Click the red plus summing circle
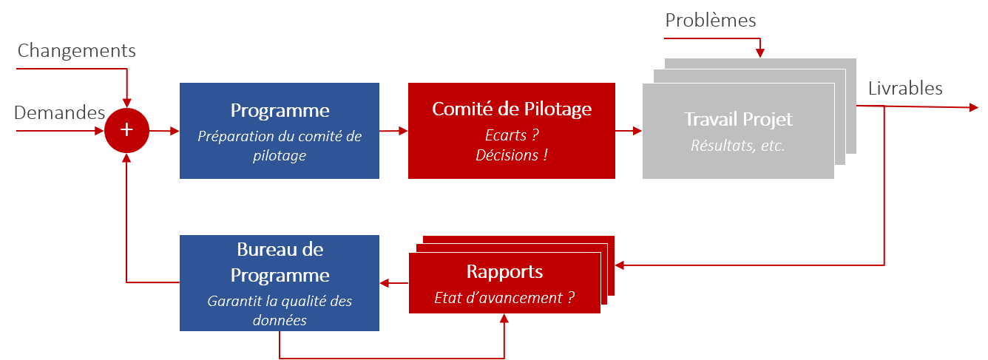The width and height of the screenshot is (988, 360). [126, 131]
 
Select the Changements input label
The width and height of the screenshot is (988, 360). [77, 51]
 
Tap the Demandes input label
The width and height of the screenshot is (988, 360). [60, 113]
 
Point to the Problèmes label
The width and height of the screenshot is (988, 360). [711, 20]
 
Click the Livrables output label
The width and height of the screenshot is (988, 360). [906, 89]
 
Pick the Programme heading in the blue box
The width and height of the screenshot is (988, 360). [280, 111]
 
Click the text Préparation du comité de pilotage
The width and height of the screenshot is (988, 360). [280, 146]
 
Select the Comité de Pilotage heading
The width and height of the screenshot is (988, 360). [512, 109]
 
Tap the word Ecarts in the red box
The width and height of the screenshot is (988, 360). [507, 136]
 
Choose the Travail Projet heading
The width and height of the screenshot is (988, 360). [738, 119]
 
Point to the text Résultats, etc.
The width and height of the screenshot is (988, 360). [738, 146]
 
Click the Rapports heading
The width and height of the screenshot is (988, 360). [504, 271]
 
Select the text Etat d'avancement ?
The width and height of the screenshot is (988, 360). [504, 298]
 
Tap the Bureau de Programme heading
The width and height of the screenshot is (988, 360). [280, 262]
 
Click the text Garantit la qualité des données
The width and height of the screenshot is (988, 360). [280, 310]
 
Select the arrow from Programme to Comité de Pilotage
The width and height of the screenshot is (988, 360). [393, 131]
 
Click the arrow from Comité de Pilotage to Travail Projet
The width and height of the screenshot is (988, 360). [629, 131]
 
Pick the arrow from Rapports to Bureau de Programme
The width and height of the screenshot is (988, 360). [393, 282]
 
